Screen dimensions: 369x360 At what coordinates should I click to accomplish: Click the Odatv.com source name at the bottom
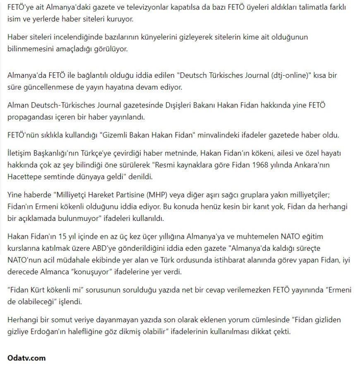coord(26,358)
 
